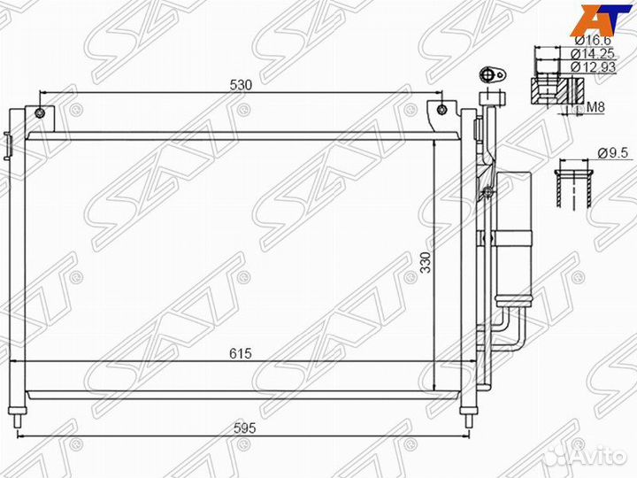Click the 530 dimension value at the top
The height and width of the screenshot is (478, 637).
241,85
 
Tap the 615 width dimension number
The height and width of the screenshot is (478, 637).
241,353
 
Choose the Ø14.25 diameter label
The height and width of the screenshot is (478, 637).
590,53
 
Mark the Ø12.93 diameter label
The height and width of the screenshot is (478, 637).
590,66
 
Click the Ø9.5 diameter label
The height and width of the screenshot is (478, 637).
612,152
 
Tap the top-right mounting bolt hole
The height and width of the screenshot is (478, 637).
441,111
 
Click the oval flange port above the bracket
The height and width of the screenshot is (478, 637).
488,75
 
